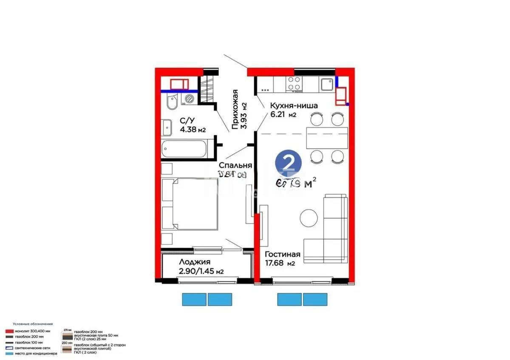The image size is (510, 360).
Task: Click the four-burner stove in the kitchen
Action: [x=294, y=83]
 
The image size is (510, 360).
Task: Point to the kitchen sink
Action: [x=326, y=85]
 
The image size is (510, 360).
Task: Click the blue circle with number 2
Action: [x=289, y=163]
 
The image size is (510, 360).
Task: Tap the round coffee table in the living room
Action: [x=309, y=218]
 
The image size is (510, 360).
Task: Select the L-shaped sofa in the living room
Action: [x=330, y=230]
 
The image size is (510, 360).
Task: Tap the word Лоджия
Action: [x=195, y=262]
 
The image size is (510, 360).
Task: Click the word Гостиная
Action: [x=283, y=254]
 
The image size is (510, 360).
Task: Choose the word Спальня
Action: [x=235, y=165]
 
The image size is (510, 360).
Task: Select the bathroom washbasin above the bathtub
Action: [x=166, y=126]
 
